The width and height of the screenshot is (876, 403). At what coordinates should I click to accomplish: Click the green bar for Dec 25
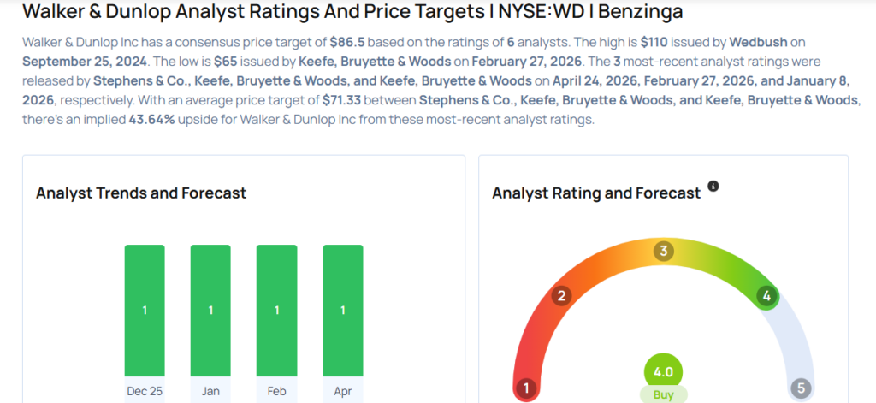[145, 311]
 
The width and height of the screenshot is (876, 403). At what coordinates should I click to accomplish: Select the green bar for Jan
[210, 311]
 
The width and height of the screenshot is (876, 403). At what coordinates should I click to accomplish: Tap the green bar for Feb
[277, 311]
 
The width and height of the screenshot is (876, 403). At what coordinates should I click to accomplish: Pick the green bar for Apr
[343, 311]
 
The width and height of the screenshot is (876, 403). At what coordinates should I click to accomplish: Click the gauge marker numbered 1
[526, 388]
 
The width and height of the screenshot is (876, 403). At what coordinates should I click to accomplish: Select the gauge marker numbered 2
[562, 296]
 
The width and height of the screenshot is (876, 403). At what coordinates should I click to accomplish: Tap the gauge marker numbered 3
[663, 251]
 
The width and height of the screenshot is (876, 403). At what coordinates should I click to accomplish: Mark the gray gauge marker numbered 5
[801, 388]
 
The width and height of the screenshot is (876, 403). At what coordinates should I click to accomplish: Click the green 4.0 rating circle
[663, 372]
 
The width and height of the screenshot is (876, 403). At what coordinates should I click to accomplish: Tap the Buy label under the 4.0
[663, 395]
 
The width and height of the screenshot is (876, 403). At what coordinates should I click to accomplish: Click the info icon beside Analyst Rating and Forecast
[713, 186]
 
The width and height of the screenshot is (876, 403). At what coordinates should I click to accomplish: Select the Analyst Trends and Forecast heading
[141, 193]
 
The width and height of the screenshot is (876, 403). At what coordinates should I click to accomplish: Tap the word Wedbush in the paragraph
[756, 41]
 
